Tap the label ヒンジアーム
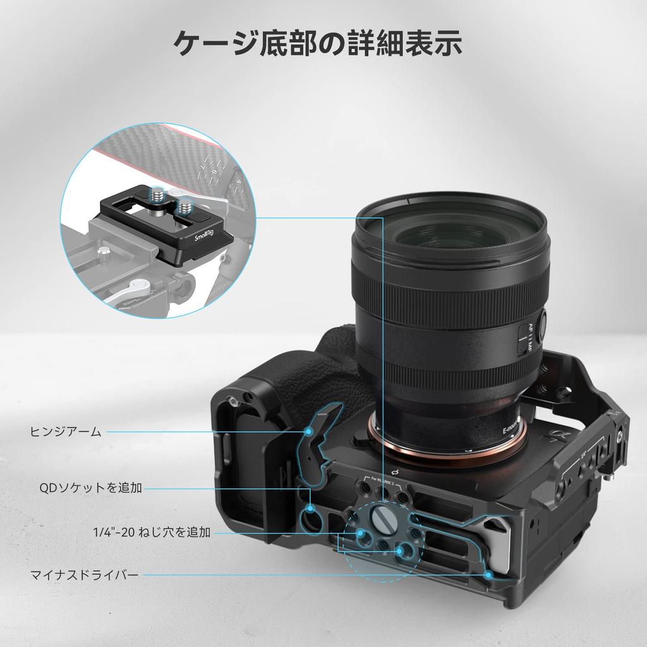tap(66, 432)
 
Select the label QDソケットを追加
tap(90, 487)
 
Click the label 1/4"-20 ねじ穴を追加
tap(151, 533)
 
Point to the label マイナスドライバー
tap(84, 575)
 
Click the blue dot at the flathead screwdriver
tap(489, 574)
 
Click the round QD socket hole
tap(310, 519)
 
